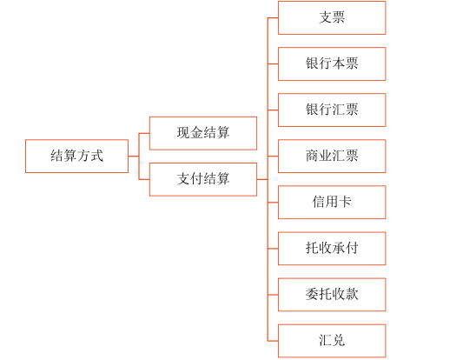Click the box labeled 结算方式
[76, 156]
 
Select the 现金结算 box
[203, 133]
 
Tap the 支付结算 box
[203, 179]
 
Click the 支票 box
[332, 17]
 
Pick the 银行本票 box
[332, 63]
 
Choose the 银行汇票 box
[332, 110]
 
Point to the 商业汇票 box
[332, 156]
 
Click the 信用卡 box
[332, 202]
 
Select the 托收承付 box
[332, 248]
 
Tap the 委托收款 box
[332, 294]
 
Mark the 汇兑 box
[332, 340]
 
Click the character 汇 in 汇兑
[325, 340]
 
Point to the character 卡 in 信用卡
[345, 202]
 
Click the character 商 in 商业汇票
[312, 156]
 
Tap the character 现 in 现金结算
[184, 133]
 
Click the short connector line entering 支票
[272, 17]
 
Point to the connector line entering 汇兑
[272, 340]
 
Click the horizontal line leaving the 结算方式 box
[133, 156]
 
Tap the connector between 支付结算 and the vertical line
[261, 179]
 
